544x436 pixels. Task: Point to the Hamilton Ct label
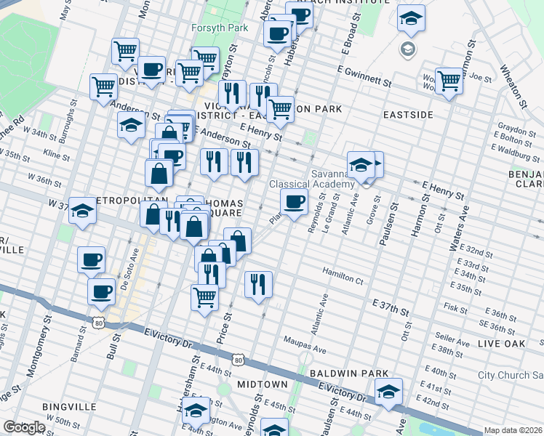pyautogui.click(x=343, y=279)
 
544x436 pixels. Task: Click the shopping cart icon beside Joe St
pyautogui.click(x=449, y=81)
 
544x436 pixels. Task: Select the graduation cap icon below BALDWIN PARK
pyautogui.click(x=388, y=394)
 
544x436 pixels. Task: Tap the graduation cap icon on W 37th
pyautogui.click(x=83, y=211)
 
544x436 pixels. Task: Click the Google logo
pyautogui.click(x=24, y=427)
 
